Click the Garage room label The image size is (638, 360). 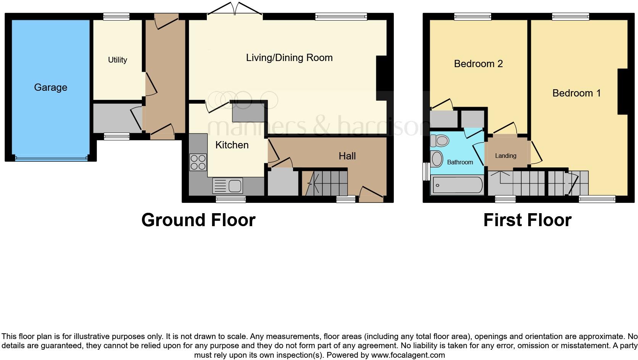(50, 87)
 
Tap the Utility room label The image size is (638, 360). (117, 60)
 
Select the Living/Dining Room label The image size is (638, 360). (289, 58)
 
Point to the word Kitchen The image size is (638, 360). (232, 145)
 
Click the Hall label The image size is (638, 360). (347, 156)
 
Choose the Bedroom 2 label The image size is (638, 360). (478, 64)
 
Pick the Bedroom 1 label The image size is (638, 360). (576, 93)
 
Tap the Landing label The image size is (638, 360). (505, 156)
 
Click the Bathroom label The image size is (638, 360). (460, 162)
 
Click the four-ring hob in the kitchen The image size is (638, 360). (198, 162)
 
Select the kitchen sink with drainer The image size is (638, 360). (227, 186)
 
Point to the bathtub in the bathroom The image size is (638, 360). (456, 186)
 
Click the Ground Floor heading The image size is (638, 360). (198, 220)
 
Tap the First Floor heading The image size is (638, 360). (527, 220)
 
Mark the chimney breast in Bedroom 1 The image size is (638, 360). (623, 92)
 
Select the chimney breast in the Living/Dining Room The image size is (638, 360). (381, 78)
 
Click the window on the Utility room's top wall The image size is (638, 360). (116, 16)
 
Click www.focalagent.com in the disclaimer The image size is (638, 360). (408, 355)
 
